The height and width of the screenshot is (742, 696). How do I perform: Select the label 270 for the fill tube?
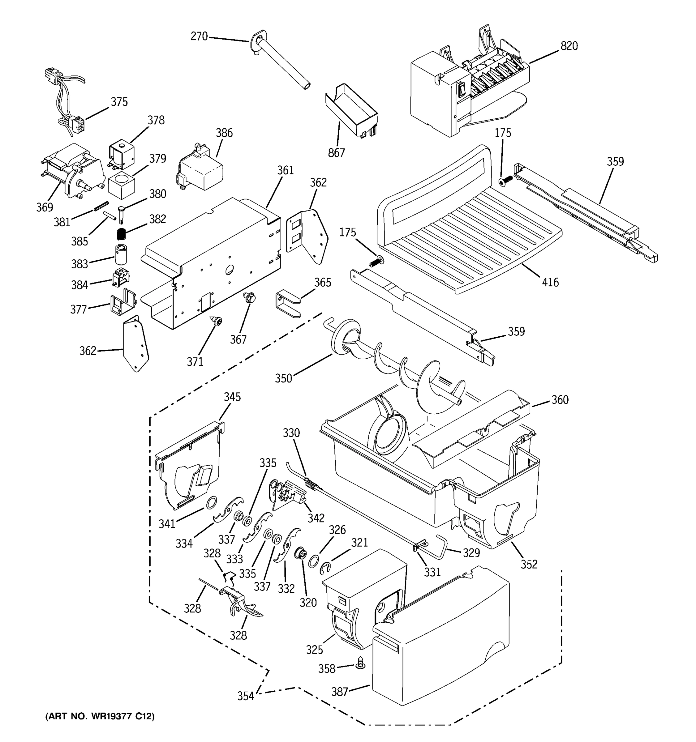pos(199,36)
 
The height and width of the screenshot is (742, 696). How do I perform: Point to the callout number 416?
pos(550,282)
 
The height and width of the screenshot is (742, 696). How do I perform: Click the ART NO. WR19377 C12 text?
pos(100,716)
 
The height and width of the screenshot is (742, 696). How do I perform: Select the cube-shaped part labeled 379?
pos(121,186)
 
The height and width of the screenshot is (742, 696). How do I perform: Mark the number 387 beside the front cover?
pos(339,692)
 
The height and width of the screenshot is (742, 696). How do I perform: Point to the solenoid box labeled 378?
pos(122,154)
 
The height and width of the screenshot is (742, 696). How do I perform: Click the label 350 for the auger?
pos(283,378)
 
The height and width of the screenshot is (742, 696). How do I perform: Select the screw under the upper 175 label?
pos(505,181)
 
